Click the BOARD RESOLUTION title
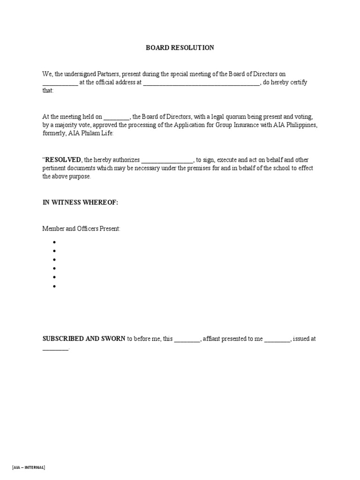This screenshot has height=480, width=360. [x=180, y=48]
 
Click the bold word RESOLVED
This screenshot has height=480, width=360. [x=63, y=160]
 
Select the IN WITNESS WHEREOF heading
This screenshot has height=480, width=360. [x=80, y=202]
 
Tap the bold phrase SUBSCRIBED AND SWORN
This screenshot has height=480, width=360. [x=84, y=338]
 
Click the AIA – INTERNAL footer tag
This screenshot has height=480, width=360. [x=29, y=467]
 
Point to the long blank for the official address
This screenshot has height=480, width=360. [x=201, y=83]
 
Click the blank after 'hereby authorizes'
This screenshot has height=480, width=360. [x=167, y=160]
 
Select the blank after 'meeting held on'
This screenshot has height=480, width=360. [x=116, y=117]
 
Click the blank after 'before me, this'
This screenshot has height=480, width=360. [x=187, y=339]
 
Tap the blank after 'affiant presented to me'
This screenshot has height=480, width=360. [x=277, y=339]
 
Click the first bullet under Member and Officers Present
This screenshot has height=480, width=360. [x=54, y=242]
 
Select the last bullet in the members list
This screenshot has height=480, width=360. [x=54, y=286]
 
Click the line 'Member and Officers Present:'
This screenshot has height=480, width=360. [x=82, y=229]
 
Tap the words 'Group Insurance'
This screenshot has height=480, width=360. [x=233, y=125]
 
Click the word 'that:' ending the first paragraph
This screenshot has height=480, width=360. [x=48, y=91]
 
